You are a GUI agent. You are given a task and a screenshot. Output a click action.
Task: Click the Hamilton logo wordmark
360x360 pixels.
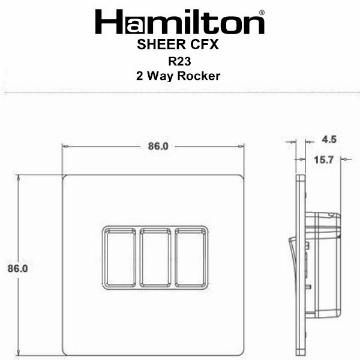pyautogui.click(x=180, y=22)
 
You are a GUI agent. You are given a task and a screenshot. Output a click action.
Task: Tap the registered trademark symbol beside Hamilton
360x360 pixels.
pyautogui.click(x=262, y=13)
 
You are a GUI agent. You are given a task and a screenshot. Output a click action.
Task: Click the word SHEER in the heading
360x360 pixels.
pyautogui.click(x=161, y=44)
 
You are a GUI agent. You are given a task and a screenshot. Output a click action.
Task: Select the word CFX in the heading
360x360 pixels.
pyautogui.click(x=205, y=44)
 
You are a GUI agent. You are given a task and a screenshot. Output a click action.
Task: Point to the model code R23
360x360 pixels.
pyautogui.click(x=179, y=61)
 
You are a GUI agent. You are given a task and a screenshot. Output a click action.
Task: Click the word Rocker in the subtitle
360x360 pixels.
pyautogui.click(x=199, y=76)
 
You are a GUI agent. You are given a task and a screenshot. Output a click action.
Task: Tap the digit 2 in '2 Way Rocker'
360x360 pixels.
pyautogui.click(x=139, y=76)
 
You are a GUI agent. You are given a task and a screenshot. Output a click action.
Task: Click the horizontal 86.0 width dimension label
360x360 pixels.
pyautogui.click(x=158, y=146)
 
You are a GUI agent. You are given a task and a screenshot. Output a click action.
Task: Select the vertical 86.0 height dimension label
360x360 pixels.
pyautogui.click(x=17, y=268)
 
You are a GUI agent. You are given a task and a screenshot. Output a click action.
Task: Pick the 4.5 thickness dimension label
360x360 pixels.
pyautogui.click(x=329, y=139)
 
